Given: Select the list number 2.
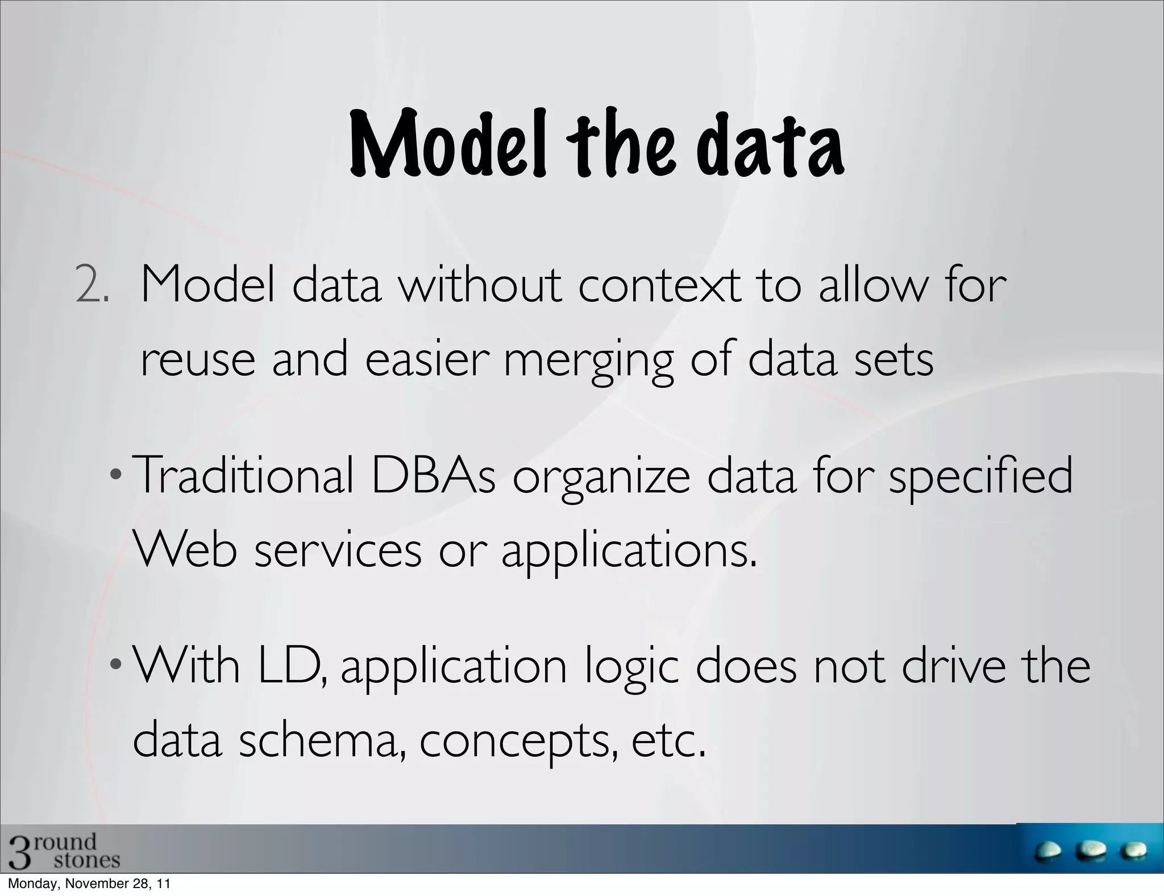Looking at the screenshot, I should coord(91,285).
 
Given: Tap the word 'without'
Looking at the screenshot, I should coord(480,285).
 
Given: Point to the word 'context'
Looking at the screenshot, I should coord(659,285).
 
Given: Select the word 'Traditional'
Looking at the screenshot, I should coord(245,476).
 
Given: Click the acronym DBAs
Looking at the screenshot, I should coord(433,476).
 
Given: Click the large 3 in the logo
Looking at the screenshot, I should coord(17,852).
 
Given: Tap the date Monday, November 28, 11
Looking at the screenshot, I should coord(88,885).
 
